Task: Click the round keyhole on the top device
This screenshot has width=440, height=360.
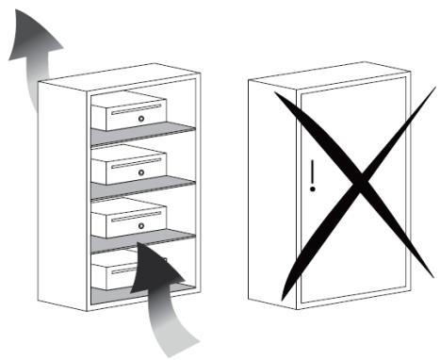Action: click(x=140, y=119)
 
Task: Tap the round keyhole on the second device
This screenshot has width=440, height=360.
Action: click(x=140, y=172)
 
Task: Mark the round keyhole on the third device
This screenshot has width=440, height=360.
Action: click(x=140, y=226)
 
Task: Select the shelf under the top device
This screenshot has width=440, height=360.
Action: click(x=141, y=135)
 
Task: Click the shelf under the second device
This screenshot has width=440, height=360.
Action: click(x=141, y=188)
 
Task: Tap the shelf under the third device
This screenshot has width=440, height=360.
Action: click(x=141, y=242)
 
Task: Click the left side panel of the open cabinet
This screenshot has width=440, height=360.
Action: click(x=61, y=188)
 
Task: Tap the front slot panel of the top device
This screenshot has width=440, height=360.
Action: click(x=137, y=119)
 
